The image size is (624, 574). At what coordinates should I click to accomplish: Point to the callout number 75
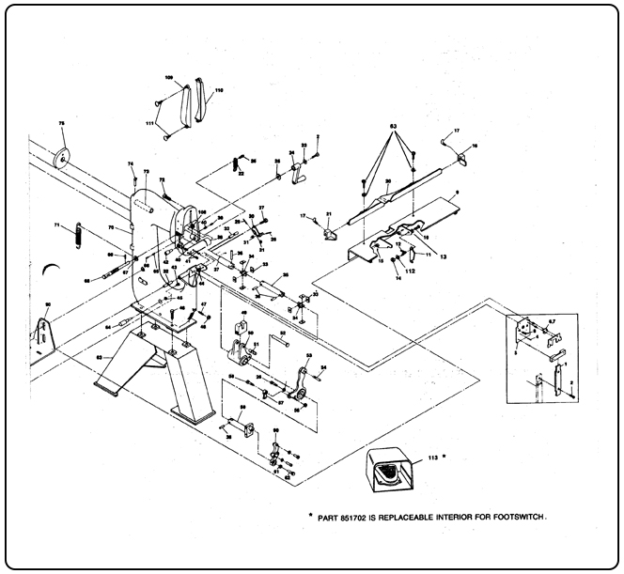point(62,124)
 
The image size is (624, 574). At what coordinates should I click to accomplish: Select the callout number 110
point(219,91)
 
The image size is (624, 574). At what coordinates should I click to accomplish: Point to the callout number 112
point(410,271)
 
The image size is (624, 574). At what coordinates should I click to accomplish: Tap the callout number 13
point(442,255)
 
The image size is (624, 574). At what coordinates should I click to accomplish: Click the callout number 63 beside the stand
point(99,357)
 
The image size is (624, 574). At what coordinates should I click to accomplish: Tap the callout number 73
point(146,172)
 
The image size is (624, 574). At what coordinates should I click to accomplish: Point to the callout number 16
point(476,146)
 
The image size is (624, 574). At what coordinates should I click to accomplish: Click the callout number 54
point(324,367)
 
